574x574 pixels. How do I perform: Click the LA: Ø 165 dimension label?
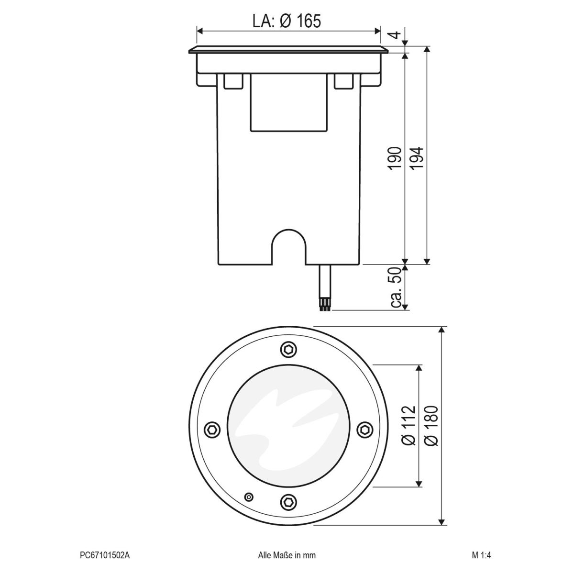(x=286, y=21)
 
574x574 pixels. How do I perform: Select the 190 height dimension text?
(x=394, y=159)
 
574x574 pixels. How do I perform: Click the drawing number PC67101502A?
(x=105, y=555)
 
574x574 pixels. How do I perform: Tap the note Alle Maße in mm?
(x=287, y=555)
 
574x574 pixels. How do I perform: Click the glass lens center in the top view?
(x=288, y=426)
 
